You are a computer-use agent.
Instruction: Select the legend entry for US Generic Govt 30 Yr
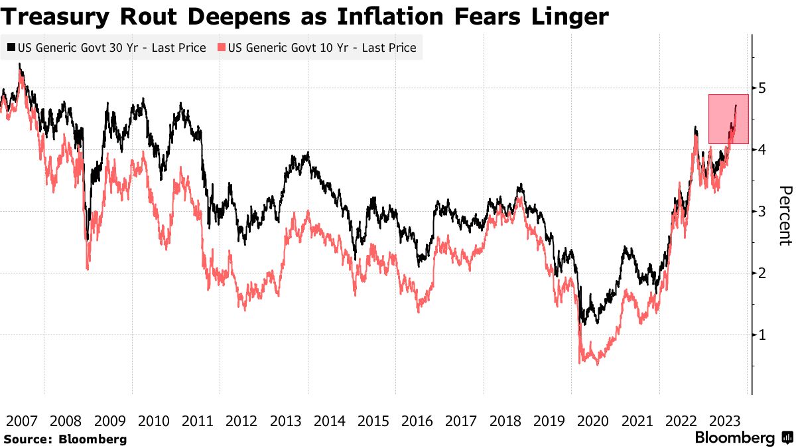click(x=106, y=48)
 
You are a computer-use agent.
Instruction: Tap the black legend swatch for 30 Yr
click(x=11, y=48)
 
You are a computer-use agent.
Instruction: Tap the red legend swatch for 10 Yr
click(x=221, y=48)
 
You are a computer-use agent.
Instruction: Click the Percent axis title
click(x=784, y=216)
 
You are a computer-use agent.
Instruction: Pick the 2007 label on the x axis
click(x=22, y=421)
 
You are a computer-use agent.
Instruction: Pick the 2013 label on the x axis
click(x=285, y=421)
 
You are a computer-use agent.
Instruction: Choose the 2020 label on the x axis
click(x=593, y=421)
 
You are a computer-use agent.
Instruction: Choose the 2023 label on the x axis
click(x=724, y=421)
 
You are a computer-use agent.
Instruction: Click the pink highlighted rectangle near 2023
click(x=728, y=119)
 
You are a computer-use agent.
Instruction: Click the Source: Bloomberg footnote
click(x=64, y=439)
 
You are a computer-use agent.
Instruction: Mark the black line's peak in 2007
click(x=20, y=64)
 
